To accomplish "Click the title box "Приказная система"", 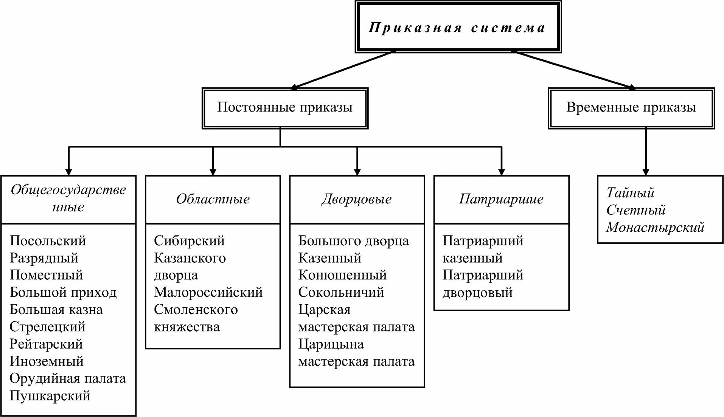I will tap(458, 27).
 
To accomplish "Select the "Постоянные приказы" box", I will tap(285, 108).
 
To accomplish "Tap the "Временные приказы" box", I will tap(631, 108).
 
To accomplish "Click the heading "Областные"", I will tap(213, 199).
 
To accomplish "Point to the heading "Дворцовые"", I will tap(357, 199).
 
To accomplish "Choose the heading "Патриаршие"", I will tap(501, 199).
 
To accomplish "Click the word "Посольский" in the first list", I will tap(48, 241).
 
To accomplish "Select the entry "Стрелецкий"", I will tap(48, 327).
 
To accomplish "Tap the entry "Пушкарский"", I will tap(50, 396).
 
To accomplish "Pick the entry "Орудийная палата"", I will tap(68, 378).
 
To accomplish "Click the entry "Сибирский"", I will tap(189, 241).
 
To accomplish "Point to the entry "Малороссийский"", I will tap(208, 292).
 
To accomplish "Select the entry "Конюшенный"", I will tap(342, 275).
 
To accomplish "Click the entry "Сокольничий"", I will tap(341, 292).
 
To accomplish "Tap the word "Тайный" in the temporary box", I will tap(630, 193).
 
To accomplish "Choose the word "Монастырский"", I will tap(655, 227).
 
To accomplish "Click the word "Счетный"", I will tap(635, 210).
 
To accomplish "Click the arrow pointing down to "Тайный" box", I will tap(646, 151).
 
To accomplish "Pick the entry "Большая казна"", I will tap(56, 310).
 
